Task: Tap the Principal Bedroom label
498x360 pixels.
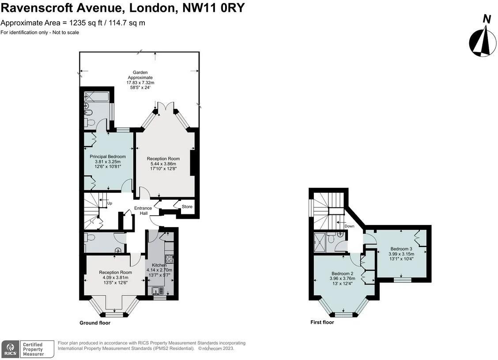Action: click(x=108, y=157)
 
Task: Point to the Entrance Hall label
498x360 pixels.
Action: click(x=143, y=211)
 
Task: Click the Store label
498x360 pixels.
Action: click(x=187, y=206)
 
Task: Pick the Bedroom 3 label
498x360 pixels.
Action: click(x=401, y=249)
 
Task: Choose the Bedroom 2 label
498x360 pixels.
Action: click(x=342, y=274)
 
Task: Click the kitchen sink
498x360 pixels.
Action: click(x=157, y=291)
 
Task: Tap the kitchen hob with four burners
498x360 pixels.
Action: click(x=169, y=259)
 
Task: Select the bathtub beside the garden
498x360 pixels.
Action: click(x=96, y=96)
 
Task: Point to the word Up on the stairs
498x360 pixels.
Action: click(x=109, y=203)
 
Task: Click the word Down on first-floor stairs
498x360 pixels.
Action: click(x=349, y=226)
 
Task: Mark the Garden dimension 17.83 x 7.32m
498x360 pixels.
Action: click(x=140, y=82)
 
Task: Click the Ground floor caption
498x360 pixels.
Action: click(x=95, y=323)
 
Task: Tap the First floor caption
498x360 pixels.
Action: click(x=322, y=322)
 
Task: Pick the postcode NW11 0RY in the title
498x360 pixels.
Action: click(x=213, y=8)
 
